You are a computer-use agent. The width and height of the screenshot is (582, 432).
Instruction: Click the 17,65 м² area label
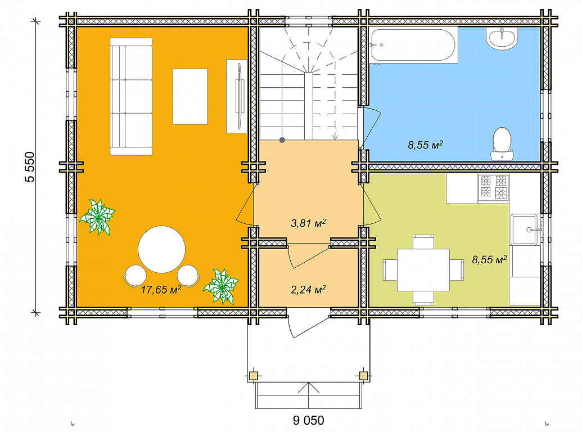pos(161,290)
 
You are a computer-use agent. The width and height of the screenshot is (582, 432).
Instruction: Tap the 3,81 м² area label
pos(308,223)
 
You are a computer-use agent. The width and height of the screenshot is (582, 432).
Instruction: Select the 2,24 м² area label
pos(308,290)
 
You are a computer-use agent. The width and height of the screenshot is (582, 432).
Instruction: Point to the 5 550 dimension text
pos(30,167)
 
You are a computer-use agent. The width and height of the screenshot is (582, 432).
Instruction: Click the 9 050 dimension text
pos(309,420)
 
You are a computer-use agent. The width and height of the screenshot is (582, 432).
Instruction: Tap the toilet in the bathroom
pos(502,144)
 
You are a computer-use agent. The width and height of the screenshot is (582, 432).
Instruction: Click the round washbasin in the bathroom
pos(502,39)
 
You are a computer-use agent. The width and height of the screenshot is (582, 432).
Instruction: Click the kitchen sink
pos(524,229)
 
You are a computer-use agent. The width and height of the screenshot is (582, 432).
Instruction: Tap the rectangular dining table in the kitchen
pos(423,270)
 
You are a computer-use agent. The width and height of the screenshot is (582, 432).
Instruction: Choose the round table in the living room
pos(161,249)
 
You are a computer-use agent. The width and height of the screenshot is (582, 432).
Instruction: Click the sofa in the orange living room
pos(131,96)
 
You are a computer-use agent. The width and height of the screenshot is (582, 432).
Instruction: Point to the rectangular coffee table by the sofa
pos(190,97)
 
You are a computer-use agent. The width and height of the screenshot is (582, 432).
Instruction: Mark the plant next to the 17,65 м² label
pos(221,286)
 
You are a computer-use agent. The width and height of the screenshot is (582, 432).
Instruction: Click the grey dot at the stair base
pos(282,140)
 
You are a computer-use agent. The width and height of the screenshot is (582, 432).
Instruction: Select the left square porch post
pos(253,376)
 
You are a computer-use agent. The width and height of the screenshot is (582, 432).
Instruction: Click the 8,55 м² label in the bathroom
pos(425,145)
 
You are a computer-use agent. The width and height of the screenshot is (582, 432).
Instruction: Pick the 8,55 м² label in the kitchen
pos(489,260)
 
